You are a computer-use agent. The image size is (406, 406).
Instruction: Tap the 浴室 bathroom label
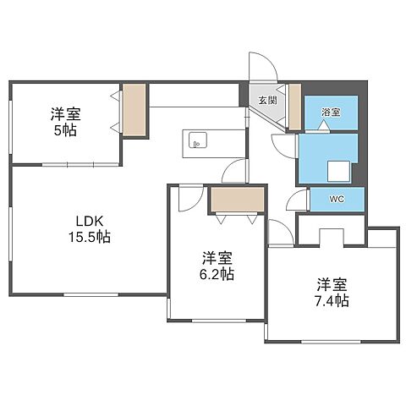point(331,111)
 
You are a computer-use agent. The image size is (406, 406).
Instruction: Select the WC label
point(337,200)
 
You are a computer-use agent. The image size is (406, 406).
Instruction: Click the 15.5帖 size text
point(89,238)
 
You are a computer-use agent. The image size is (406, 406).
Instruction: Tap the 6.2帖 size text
point(217,274)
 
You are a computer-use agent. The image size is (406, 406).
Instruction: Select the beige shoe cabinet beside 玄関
point(294,107)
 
